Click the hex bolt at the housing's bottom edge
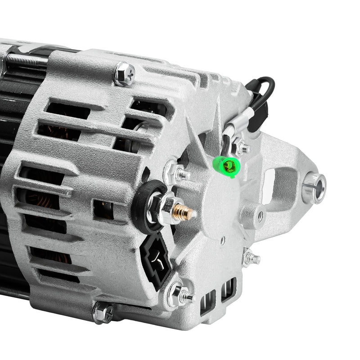click(x=103, y=312)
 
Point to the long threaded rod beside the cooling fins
click(x=25, y=61)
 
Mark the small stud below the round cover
click(x=250, y=257)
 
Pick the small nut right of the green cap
click(x=243, y=147)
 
